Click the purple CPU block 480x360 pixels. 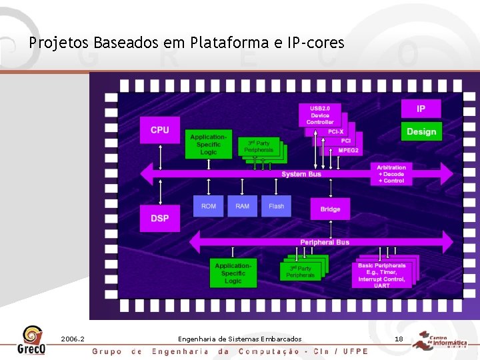pos(160,130)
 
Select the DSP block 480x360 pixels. pos(160,218)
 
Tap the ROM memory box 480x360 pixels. pos(209,206)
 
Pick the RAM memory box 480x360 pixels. pos(243,206)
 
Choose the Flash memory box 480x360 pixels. pos(276,206)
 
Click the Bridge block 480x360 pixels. pos(330,209)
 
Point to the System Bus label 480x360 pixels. pos(301,174)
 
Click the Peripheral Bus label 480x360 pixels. pos(325,242)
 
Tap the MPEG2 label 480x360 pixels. pos(349,151)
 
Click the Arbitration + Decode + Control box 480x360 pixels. pos(391,174)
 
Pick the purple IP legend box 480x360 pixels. pos(421,109)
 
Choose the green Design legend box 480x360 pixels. pos(421,131)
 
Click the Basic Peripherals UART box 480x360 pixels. pos(381,275)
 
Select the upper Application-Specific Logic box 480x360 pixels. pos(209,144)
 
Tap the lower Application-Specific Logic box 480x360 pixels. pos(233,273)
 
